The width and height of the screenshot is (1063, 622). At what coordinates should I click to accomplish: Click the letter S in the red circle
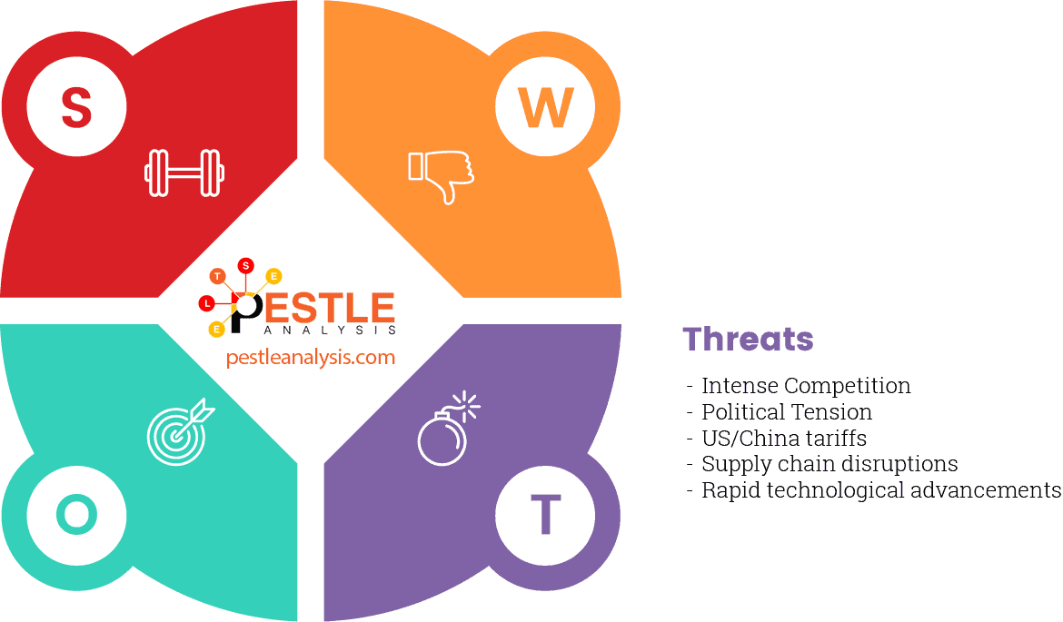76,107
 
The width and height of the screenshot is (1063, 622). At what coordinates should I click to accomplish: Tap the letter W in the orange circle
545,107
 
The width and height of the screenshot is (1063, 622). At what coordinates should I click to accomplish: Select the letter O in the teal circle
76,515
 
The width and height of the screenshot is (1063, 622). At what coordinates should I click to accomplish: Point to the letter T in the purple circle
545,515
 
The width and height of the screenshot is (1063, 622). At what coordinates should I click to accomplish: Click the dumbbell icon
184,173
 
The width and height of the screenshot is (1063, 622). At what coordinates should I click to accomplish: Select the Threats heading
748,339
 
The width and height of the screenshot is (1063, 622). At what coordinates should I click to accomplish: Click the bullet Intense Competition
806,386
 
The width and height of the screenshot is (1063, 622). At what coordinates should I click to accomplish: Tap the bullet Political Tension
787,412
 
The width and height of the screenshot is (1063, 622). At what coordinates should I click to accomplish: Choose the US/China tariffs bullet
784,439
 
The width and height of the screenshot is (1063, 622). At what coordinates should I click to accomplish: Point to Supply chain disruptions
830,464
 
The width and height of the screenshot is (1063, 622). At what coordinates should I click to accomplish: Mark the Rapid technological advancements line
880,490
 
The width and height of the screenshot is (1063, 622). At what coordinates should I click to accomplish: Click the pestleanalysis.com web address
311,357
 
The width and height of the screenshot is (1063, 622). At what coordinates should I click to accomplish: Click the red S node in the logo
245,265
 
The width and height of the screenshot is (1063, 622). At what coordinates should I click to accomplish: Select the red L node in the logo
208,301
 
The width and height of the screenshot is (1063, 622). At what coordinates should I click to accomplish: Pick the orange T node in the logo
217,275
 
